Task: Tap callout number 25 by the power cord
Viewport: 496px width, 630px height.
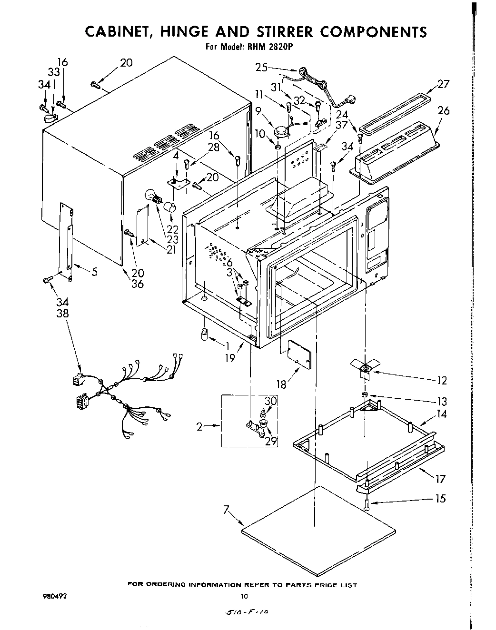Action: tap(262, 68)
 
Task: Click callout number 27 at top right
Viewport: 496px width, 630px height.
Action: tap(443, 84)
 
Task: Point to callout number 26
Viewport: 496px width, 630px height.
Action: tap(443, 110)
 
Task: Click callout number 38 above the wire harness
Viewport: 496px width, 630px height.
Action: tap(62, 314)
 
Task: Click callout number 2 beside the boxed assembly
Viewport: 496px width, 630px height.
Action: tap(200, 427)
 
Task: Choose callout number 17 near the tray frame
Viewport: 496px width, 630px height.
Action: tap(440, 478)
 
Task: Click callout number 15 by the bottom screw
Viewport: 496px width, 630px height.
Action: tap(440, 498)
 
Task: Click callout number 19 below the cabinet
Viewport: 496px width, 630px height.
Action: tap(230, 358)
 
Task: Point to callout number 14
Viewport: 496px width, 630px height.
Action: tap(441, 414)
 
